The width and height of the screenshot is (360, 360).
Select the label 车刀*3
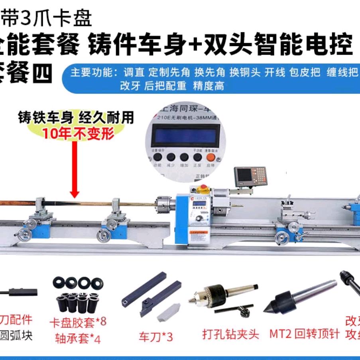[156, 337]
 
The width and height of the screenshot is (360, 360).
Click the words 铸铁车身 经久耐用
[76, 118]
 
